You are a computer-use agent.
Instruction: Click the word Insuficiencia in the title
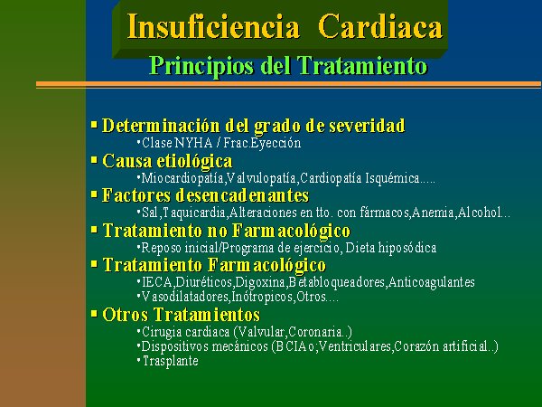(x=213, y=26)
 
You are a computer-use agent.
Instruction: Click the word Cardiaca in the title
(x=380, y=26)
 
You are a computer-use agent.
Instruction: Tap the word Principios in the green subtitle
(x=201, y=66)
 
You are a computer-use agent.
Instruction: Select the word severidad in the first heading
(x=367, y=125)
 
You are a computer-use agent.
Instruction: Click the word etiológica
(x=194, y=161)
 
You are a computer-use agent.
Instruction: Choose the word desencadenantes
(x=242, y=195)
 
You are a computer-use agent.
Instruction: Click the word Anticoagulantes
(x=432, y=282)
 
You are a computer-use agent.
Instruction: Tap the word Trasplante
(x=171, y=361)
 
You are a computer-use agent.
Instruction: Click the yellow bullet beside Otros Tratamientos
(x=94, y=314)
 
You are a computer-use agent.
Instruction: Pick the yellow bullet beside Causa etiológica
(x=94, y=160)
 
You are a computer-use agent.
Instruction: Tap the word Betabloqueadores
(x=337, y=282)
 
